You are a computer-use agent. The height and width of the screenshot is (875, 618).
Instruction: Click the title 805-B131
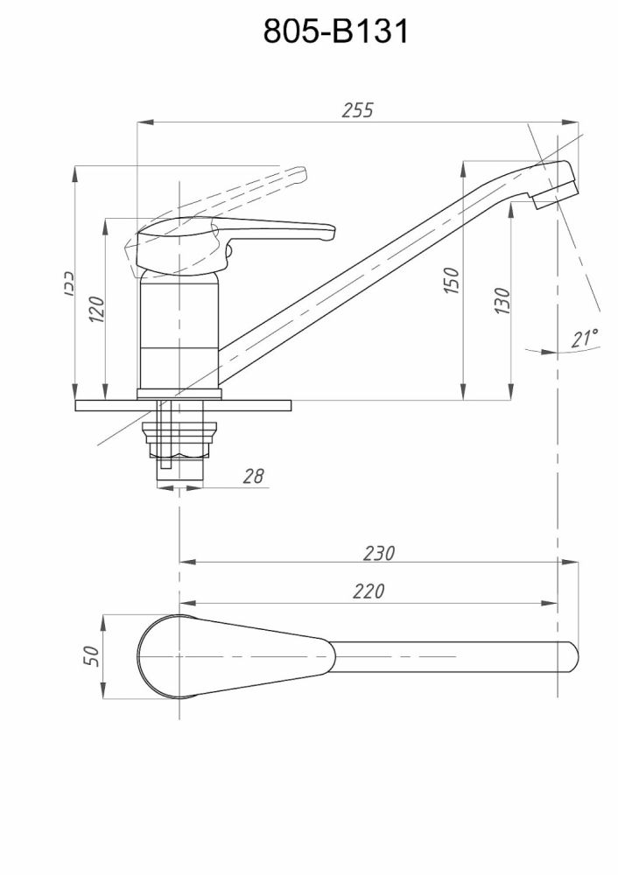[336, 32]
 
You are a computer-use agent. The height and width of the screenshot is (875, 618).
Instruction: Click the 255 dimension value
[357, 110]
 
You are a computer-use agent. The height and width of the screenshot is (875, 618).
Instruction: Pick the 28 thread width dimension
[253, 476]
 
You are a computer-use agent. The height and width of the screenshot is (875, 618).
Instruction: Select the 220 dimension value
[369, 592]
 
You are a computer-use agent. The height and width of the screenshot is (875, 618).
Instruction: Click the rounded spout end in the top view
[570, 656]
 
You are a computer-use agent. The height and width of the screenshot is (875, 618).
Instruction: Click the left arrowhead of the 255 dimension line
[142, 122]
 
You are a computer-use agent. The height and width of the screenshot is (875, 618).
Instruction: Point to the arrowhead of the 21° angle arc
[549, 351]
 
